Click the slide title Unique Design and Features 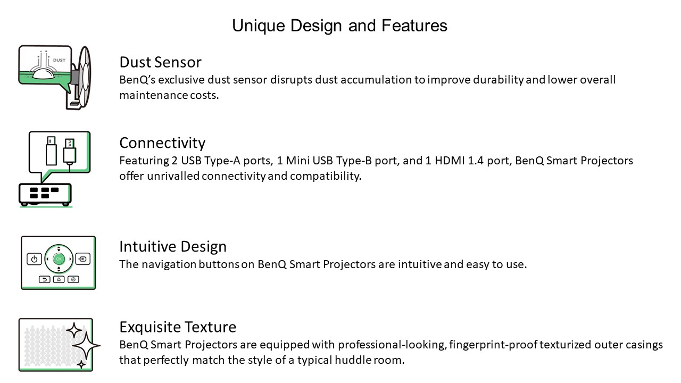[x=339, y=26]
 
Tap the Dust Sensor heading [x=160, y=62]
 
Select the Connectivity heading [x=162, y=143]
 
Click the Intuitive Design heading [x=173, y=246]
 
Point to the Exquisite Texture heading [x=178, y=327]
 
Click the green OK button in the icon [x=59, y=259]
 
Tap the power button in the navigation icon [x=34, y=259]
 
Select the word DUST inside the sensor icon [x=59, y=60]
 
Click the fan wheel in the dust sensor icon [x=84, y=78]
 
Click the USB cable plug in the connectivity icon [x=70, y=152]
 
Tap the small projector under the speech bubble [x=45, y=195]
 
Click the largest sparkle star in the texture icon [x=86, y=346]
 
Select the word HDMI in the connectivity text [x=450, y=161]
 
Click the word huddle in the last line [x=353, y=360]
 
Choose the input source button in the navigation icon [x=82, y=259]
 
